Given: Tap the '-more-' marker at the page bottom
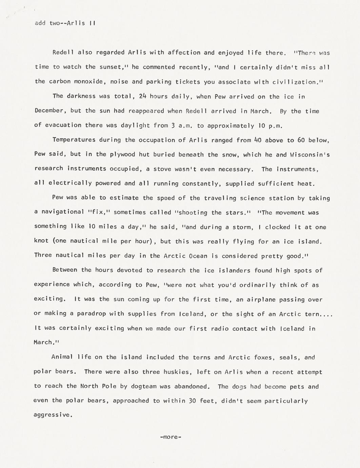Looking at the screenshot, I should (171, 437).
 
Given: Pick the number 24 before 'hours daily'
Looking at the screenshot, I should (142, 96).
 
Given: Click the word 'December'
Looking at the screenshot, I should (49, 111).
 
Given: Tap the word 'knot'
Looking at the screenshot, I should (41, 241).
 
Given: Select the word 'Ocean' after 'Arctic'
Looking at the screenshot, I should (198, 256).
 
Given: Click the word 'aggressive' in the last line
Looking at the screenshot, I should (52, 415).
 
